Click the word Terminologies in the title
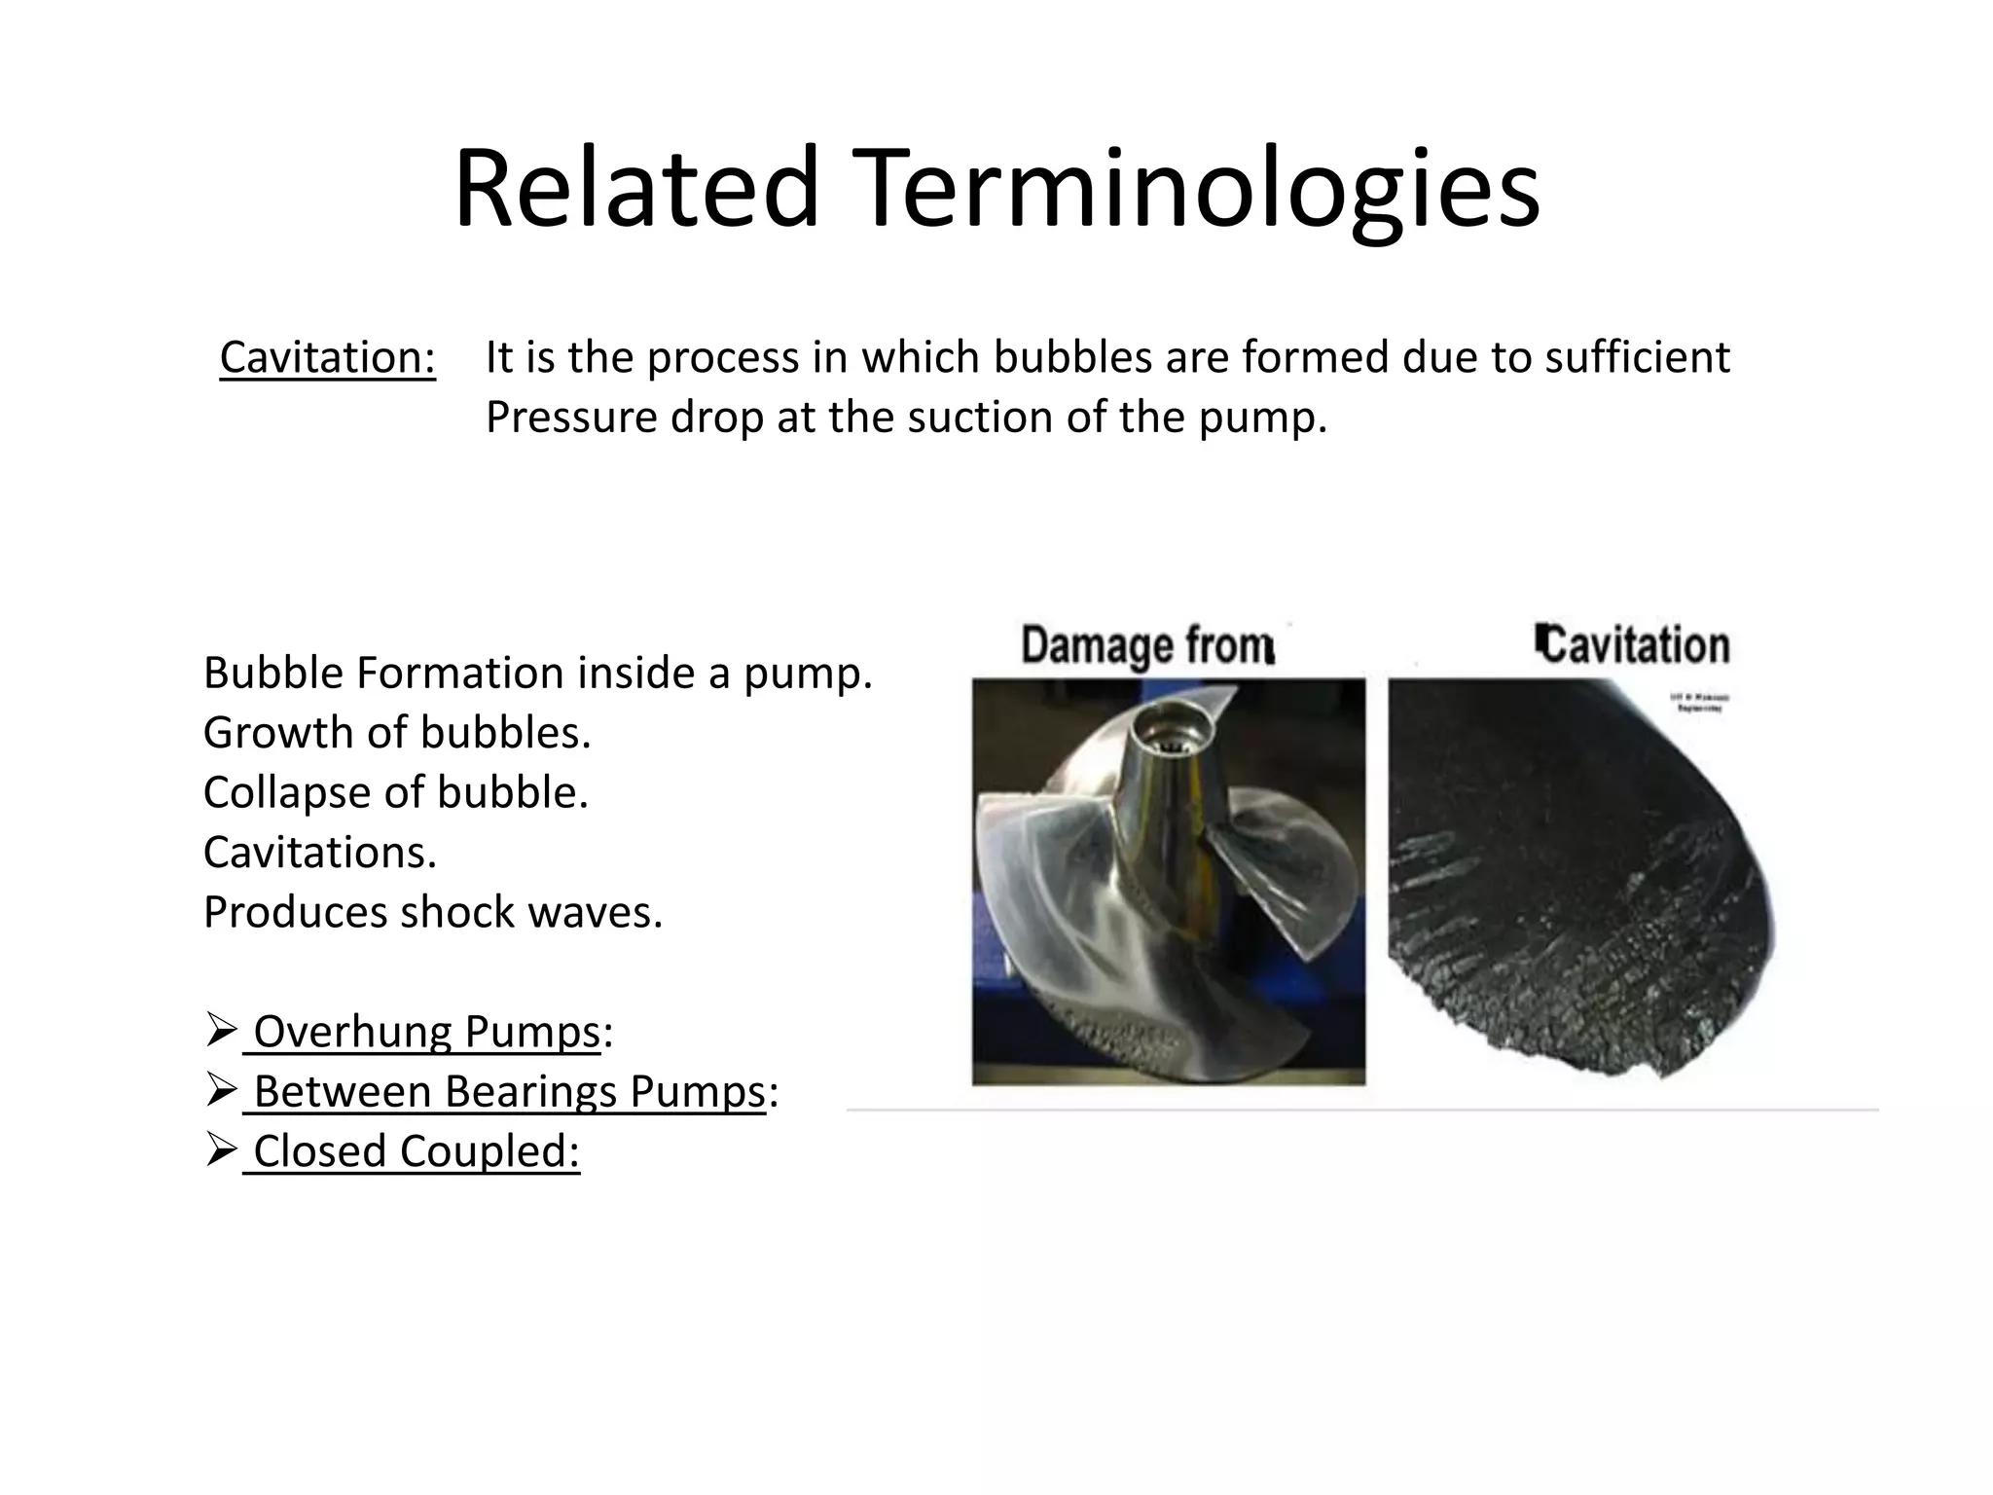tap(1197, 190)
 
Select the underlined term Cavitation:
tap(328, 357)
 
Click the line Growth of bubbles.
tap(397, 733)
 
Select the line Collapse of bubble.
tap(396, 792)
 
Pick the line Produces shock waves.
tap(433, 912)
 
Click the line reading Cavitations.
tap(320, 853)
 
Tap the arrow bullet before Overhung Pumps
tap(222, 1030)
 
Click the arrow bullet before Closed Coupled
tap(222, 1149)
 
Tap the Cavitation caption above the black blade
tap(1632, 645)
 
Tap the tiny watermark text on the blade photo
tap(1700, 704)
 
